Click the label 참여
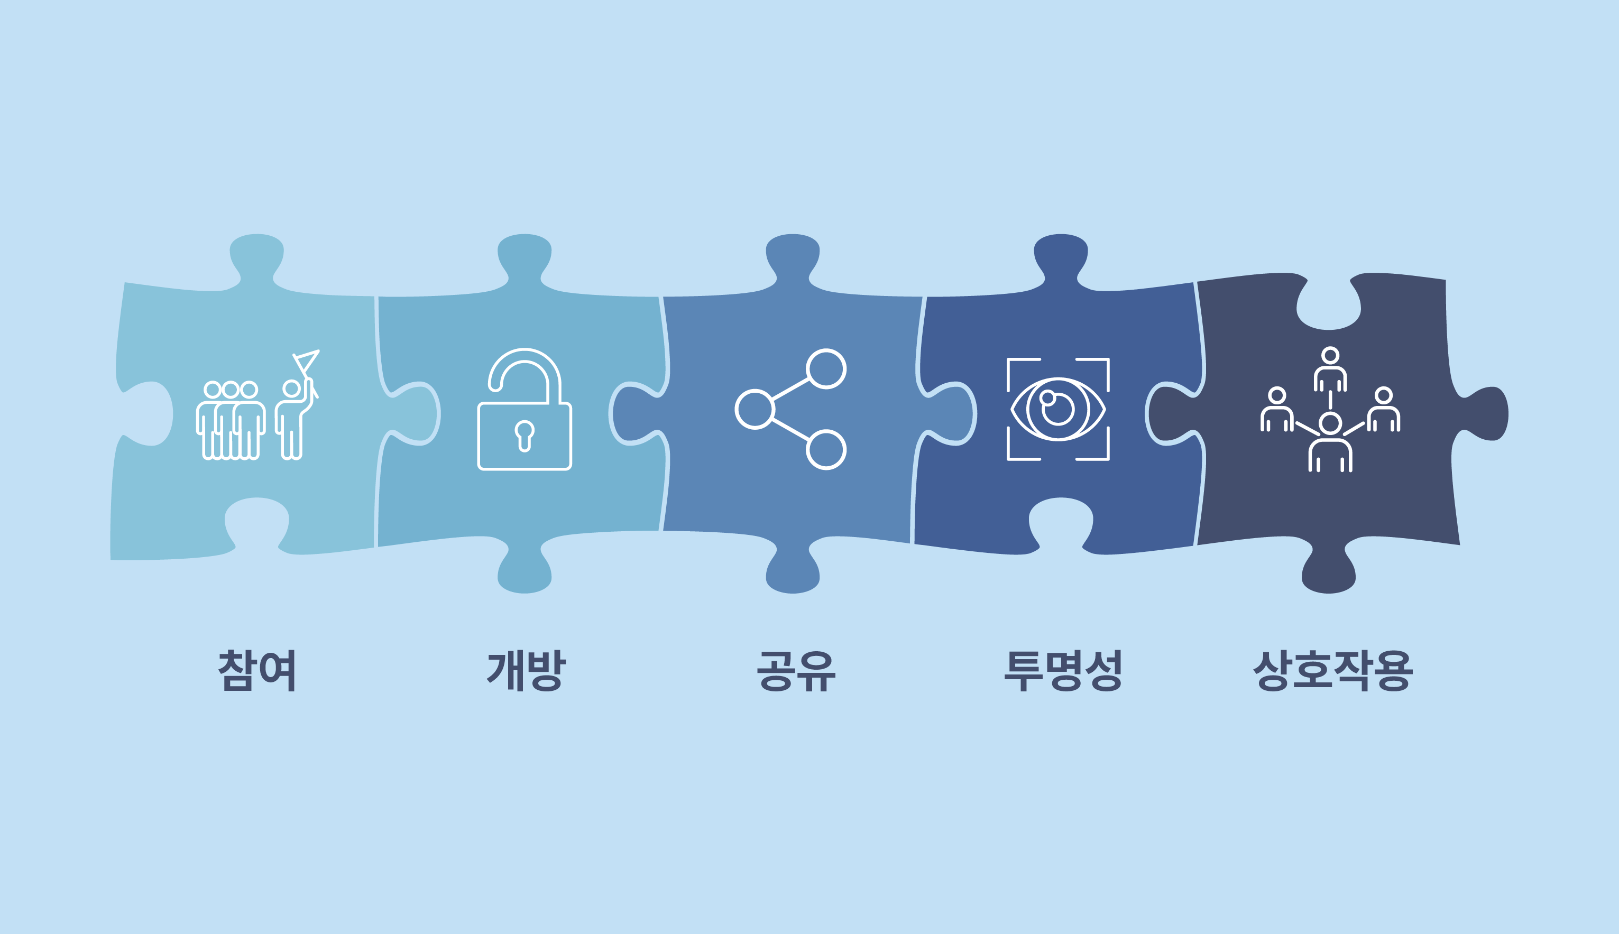256,670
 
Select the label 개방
526,670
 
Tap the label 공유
796,671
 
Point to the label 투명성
1063,670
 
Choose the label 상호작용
1333,670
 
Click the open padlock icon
525,409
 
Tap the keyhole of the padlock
525,436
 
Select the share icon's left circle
755,409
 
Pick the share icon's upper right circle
826,369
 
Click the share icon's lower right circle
826,450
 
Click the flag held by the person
307,362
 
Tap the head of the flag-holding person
291,388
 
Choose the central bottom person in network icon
1330,442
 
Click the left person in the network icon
1277,409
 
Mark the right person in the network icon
1384,409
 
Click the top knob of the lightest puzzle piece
256,256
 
